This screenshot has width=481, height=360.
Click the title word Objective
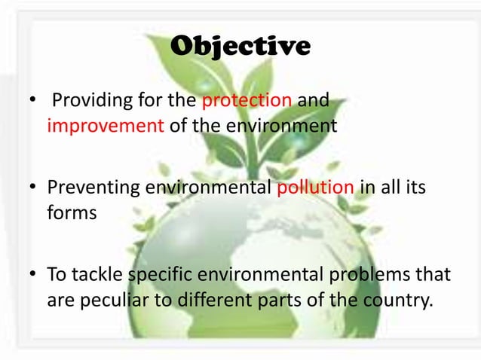coord(240,47)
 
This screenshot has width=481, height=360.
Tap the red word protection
coord(256,101)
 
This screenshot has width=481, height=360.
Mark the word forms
coord(72,212)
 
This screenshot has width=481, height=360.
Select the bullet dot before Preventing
coord(33,188)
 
